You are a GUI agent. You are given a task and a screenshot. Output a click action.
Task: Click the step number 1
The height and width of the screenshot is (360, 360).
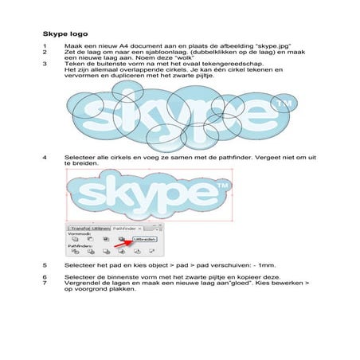click(x=45, y=48)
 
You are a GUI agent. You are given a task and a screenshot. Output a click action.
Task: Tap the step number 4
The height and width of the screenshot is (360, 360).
click(x=45, y=156)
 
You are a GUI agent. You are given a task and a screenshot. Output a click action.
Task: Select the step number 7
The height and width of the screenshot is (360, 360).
click(x=45, y=283)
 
